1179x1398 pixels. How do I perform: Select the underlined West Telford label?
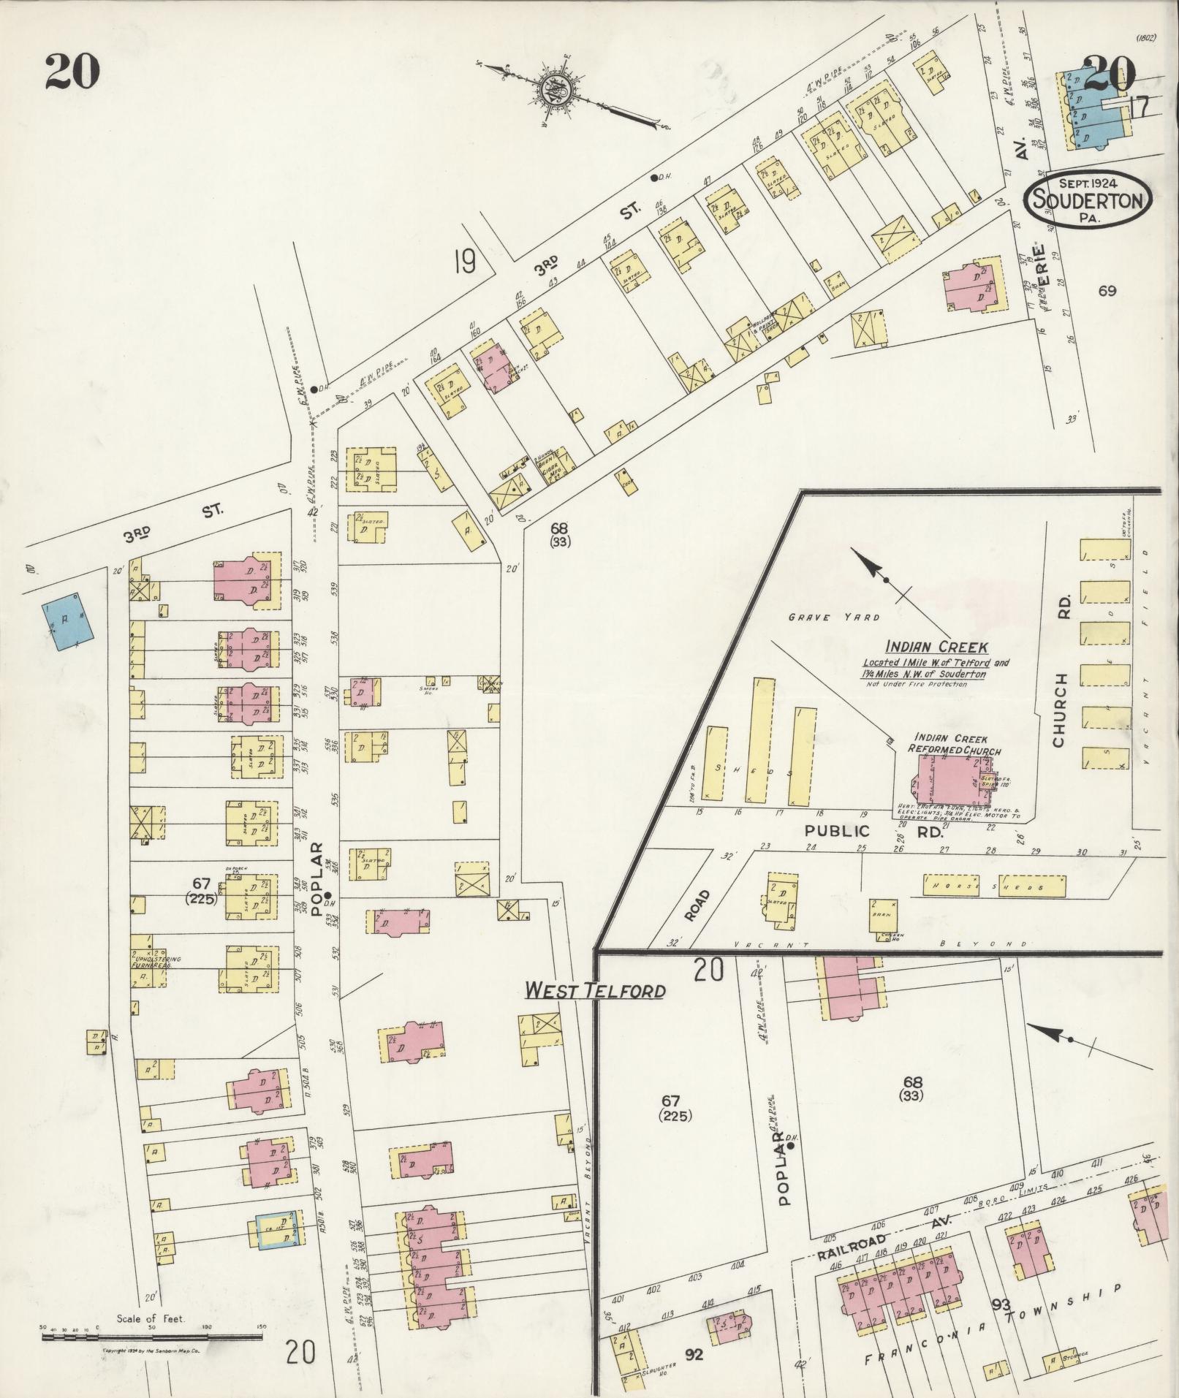click(595, 991)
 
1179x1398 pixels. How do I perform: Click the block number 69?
click(1107, 291)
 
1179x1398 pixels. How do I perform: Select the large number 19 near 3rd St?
click(464, 261)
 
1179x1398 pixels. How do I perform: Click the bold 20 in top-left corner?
click(72, 71)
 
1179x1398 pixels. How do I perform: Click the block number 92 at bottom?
click(694, 1355)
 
